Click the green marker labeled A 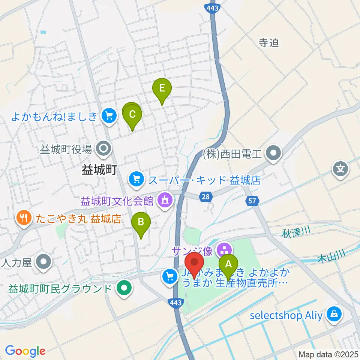[x=228, y=265]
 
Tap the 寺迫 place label [x=269, y=43]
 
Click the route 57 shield [x=252, y=201]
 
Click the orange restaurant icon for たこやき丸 [x=24, y=218]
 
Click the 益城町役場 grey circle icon [x=103, y=149]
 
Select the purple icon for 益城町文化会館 [x=165, y=200]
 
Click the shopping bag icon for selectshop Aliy [x=333, y=315]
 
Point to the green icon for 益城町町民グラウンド [x=124, y=289]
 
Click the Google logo [x=25, y=351]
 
